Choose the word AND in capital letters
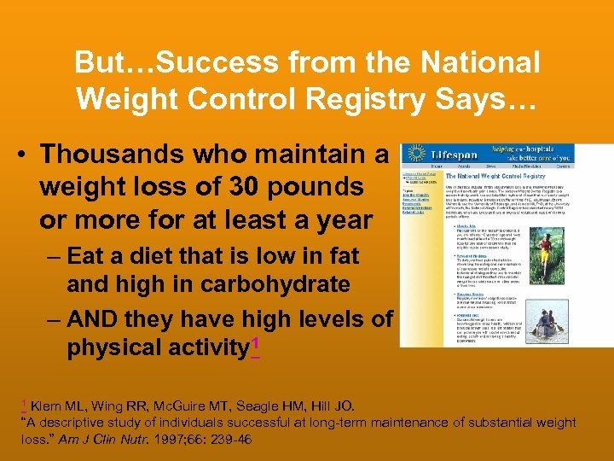click(x=94, y=318)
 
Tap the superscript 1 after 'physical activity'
click(x=254, y=342)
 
